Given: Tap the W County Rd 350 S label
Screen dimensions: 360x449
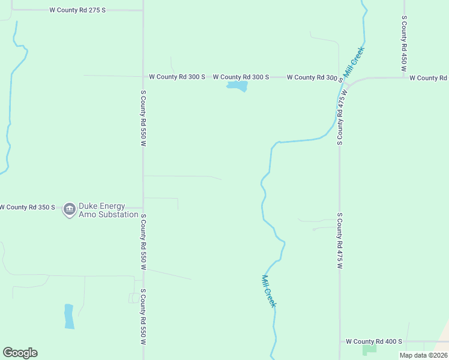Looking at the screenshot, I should click(27, 207).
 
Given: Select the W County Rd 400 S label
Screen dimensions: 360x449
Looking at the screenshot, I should click(373, 341).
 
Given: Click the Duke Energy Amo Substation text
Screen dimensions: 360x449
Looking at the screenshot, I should click(109, 210).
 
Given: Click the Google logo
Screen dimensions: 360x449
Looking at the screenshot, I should click(20, 353).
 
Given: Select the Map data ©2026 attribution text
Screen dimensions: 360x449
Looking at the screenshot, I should click(423, 355).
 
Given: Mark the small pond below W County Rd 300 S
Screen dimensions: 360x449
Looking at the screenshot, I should click(237, 87).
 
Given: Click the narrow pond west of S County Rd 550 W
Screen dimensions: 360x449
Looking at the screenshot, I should click(69, 316).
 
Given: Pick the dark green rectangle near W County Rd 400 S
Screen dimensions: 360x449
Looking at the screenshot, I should click(369, 349).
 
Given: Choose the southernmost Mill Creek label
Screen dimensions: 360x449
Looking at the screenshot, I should click(269, 291).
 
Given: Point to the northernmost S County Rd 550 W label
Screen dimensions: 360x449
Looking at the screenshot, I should click(143, 118).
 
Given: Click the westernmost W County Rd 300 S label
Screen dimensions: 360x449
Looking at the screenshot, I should click(177, 77).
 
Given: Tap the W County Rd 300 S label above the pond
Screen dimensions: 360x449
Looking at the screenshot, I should click(241, 77).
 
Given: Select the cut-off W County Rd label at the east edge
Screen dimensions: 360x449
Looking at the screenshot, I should click(428, 78).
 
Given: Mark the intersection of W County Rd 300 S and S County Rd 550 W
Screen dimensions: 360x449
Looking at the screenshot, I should click(143, 77).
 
